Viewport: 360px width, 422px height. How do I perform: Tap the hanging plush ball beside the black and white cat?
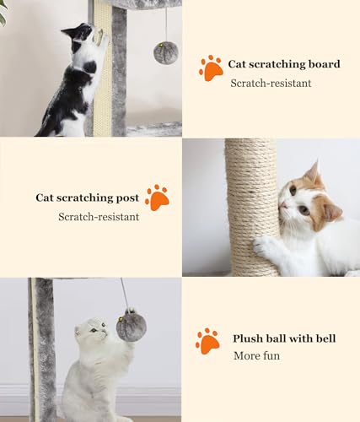(166, 52)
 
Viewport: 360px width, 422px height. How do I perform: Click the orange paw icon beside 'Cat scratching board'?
(211, 68)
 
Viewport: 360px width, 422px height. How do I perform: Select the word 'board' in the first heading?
(325, 64)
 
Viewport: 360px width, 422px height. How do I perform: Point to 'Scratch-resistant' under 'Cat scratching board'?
(271, 83)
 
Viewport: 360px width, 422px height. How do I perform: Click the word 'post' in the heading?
(127, 197)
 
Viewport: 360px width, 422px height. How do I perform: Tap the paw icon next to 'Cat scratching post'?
(157, 197)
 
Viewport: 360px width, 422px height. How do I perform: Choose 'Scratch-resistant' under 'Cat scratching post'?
(99, 217)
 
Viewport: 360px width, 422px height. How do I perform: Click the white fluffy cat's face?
(94, 331)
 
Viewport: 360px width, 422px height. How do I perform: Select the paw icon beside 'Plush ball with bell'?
(207, 341)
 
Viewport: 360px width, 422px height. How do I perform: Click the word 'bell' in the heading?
(325, 338)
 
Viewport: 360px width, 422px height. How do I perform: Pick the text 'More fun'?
(256, 356)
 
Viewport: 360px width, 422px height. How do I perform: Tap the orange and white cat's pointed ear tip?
(318, 161)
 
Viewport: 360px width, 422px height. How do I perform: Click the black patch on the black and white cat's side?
(89, 68)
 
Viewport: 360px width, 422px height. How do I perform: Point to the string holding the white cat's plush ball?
(125, 293)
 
